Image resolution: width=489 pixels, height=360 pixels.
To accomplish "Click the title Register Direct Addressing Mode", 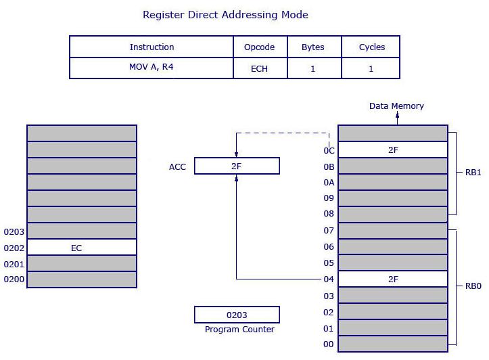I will [x=225, y=14].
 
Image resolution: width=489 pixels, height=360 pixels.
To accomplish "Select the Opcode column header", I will [x=259, y=47].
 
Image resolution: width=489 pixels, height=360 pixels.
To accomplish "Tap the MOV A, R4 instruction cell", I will [x=152, y=68].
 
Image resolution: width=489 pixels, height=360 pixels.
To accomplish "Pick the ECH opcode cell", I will [x=259, y=68].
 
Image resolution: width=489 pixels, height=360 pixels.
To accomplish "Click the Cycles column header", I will [x=371, y=47].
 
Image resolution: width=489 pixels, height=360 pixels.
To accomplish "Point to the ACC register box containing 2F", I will [x=237, y=166].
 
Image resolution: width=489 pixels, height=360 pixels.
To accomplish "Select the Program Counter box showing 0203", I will [x=237, y=315].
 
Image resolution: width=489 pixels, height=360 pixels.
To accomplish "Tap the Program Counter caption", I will [x=239, y=330].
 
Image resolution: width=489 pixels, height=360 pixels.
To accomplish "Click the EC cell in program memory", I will [x=82, y=248].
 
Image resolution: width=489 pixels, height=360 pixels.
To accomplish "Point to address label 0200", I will [x=14, y=279].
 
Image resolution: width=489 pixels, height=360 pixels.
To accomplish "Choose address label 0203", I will [x=14, y=231].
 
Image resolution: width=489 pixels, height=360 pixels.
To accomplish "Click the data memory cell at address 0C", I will [x=392, y=150].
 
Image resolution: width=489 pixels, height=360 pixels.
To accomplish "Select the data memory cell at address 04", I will [x=392, y=279].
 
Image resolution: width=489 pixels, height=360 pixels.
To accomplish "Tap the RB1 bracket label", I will [x=473, y=173].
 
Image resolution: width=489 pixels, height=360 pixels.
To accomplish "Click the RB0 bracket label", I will [x=473, y=286].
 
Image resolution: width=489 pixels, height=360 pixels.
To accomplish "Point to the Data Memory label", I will [x=396, y=106].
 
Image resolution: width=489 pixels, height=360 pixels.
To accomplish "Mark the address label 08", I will [x=329, y=214].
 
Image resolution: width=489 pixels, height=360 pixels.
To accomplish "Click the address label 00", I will [x=329, y=344].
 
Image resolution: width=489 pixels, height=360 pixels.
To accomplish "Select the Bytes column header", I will [x=312, y=47].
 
